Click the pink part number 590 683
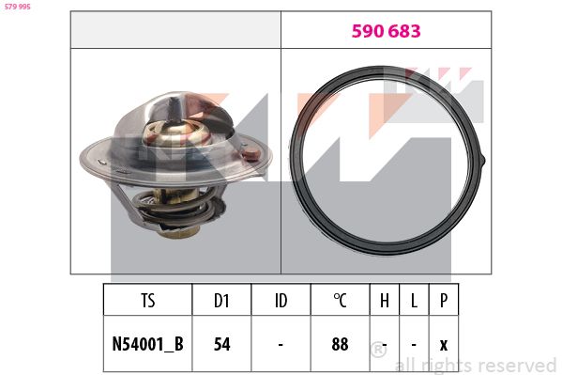click(386, 31)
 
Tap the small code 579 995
click(18, 7)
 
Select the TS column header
click(147, 301)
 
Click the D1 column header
click(221, 301)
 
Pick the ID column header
click(281, 301)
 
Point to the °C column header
click(340, 301)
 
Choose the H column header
click(385, 301)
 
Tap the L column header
click(414, 301)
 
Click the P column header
click(444, 301)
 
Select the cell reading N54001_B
click(147, 344)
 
